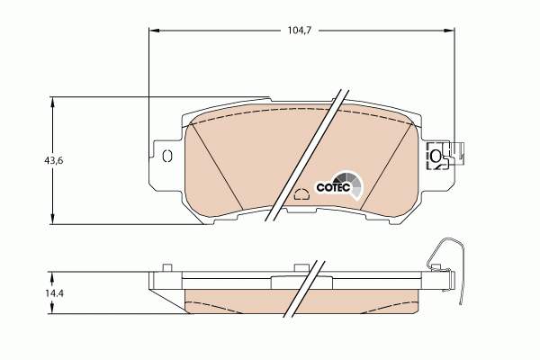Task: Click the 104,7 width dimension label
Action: click(x=299, y=30)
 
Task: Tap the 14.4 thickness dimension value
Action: click(x=56, y=292)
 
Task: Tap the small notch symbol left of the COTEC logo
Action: click(x=301, y=193)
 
